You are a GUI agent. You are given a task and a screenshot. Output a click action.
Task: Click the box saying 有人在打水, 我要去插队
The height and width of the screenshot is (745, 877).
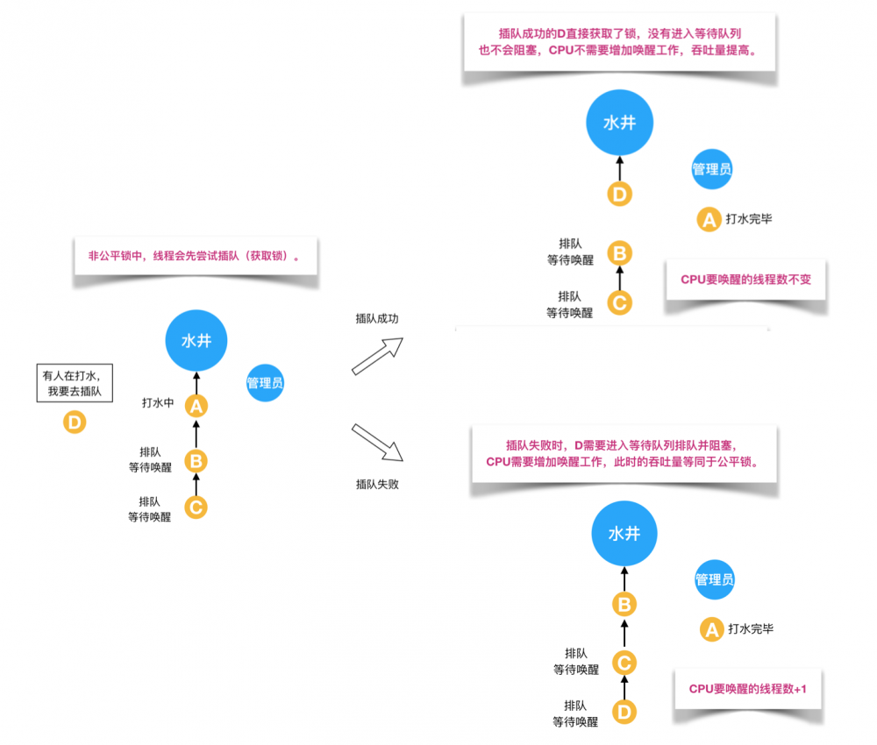75,383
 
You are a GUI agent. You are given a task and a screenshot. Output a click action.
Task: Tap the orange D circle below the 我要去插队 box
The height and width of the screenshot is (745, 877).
75,423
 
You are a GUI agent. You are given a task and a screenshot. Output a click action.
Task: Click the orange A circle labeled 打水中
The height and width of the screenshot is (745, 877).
196,406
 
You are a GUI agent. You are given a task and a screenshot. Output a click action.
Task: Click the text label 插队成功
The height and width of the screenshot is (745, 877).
376,319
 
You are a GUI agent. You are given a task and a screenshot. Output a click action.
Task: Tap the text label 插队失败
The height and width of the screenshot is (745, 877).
377,484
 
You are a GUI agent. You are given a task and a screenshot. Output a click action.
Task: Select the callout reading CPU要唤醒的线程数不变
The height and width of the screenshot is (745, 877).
745,280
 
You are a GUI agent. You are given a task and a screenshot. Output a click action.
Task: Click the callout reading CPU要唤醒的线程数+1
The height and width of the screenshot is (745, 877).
748,689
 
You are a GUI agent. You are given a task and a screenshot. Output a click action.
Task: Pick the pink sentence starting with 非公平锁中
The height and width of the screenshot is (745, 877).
194,257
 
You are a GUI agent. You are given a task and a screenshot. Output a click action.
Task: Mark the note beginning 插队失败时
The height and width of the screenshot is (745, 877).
623,452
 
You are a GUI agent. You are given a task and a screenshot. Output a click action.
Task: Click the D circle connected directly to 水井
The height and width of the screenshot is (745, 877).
620,194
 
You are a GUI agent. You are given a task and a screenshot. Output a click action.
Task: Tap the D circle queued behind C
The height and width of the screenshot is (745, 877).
624,713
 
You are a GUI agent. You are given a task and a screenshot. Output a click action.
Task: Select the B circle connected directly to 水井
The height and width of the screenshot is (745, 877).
624,604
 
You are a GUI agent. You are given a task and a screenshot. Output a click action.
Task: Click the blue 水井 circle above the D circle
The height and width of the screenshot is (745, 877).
619,123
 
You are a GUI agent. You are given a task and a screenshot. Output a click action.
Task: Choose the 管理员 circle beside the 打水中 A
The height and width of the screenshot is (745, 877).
265,383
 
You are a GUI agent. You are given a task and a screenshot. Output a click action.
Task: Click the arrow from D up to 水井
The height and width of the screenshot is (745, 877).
620,168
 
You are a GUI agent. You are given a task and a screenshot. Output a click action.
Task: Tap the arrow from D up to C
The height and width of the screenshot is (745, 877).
624,687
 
